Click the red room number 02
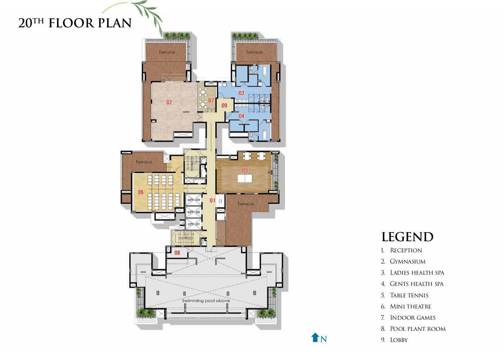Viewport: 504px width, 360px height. [x=169, y=102]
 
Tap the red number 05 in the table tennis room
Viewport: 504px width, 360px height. [x=245, y=170]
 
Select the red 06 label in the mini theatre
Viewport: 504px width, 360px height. [x=141, y=192]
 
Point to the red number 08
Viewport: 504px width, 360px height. [x=177, y=253]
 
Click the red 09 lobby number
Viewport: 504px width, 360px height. [x=224, y=105]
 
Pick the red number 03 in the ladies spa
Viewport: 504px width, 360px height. [x=242, y=93]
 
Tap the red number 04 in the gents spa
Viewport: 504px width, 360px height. [x=242, y=116]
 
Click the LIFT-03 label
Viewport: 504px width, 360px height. [x=194, y=200]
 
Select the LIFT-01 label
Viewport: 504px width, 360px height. [x=194, y=224]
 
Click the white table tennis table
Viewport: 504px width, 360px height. [x=245, y=179]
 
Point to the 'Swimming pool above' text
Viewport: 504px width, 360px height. [x=206, y=301]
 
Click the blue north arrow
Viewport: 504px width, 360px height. [x=315, y=337]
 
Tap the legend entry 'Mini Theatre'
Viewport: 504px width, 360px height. [x=410, y=306]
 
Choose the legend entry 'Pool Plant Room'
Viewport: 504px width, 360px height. [x=418, y=329]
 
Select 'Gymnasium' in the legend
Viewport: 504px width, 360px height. [x=408, y=261]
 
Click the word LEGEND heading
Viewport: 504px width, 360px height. [x=408, y=237]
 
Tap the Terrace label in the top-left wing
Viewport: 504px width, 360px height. [x=167, y=52]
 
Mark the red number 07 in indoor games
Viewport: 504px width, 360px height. [x=211, y=100]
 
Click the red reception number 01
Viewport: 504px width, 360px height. [x=212, y=200]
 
